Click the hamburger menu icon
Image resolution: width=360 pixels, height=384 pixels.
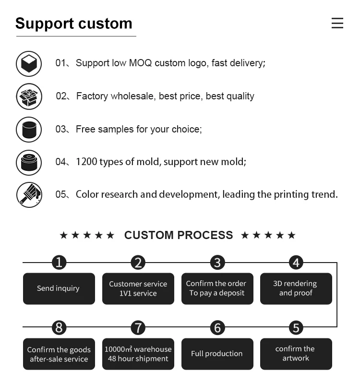[x=337, y=23]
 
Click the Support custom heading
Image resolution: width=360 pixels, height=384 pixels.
[x=73, y=24]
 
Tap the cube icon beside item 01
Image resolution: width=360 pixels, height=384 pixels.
[x=29, y=63]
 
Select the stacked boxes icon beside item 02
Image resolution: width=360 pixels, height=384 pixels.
[x=29, y=96]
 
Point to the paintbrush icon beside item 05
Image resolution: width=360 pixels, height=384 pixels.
[x=29, y=195]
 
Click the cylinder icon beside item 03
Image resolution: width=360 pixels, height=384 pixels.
[x=29, y=129]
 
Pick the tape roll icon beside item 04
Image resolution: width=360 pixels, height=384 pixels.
[x=29, y=162]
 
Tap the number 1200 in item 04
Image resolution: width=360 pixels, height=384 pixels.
[x=86, y=162]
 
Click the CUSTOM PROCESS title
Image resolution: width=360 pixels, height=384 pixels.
[x=179, y=235]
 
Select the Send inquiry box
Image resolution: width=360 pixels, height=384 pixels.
[x=59, y=288]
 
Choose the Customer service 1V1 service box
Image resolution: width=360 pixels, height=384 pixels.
[x=138, y=288]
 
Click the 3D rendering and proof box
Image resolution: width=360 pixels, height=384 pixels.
[x=296, y=288]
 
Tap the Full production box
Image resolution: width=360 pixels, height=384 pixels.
[x=217, y=354]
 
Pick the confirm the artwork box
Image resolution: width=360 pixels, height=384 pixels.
[x=296, y=354]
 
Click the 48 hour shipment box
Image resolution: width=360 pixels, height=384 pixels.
[x=138, y=354]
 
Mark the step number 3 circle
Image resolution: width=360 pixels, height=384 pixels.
[x=217, y=263]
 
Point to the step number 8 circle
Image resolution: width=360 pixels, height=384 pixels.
[x=59, y=328]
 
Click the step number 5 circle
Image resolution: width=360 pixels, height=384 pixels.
[x=296, y=328]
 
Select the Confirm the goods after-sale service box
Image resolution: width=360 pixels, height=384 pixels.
[x=59, y=354]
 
